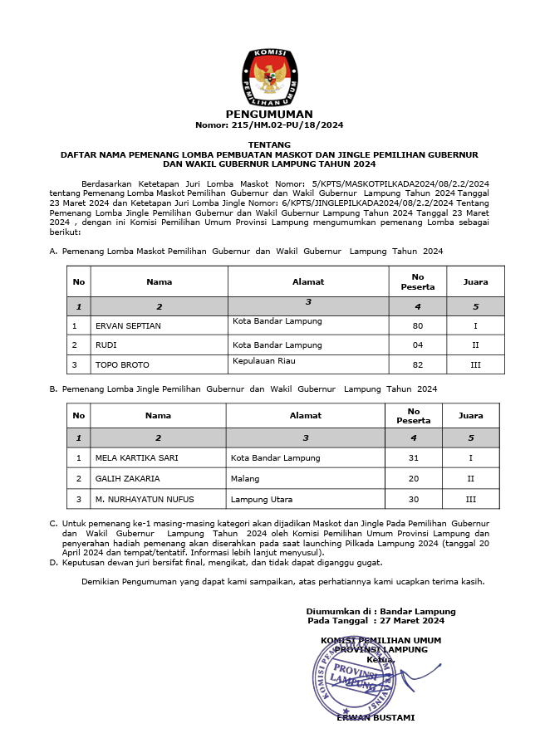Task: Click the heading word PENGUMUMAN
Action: (x=269, y=115)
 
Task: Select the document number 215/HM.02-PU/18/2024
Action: (x=269, y=125)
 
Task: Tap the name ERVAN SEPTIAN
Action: (x=129, y=326)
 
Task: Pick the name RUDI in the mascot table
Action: (x=106, y=345)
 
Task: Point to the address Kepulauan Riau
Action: (x=264, y=361)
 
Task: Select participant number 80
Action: (x=417, y=326)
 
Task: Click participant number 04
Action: (x=417, y=345)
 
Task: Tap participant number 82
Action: (x=417, y=364)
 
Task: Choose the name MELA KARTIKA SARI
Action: (x=137, y=457)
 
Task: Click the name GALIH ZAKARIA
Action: (x=128, y=478)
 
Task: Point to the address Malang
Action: (x=245, y=478)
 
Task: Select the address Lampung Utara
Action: (x=262, y=499)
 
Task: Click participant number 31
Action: (x=413, y=457)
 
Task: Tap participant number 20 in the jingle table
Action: (x=413, y=478)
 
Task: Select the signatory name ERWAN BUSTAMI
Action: (x=376, y=717)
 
